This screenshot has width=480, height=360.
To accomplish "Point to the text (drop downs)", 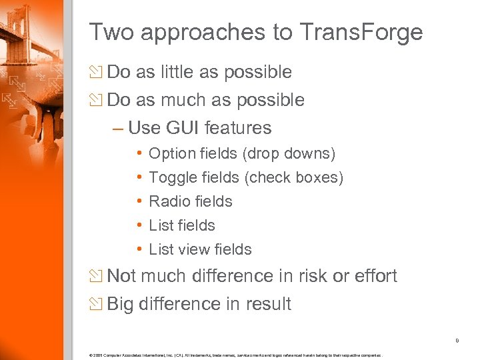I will (289, 154).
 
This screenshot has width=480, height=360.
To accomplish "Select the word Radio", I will (167, 201).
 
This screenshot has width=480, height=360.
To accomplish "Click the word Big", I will (120, 304).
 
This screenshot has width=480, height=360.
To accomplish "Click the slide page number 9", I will (457, 341).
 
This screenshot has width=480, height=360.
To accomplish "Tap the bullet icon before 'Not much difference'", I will (96, 276).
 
